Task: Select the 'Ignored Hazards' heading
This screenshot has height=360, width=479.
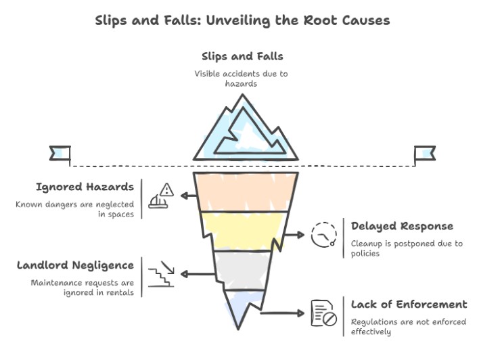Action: tap(85, 187)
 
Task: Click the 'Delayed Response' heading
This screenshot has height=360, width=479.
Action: tap(402, 226)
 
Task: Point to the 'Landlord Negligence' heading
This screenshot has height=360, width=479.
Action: tap(75, 265)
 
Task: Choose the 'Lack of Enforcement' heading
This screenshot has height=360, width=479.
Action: tap(409, 305)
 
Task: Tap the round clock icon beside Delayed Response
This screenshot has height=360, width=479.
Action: tap(323, 234)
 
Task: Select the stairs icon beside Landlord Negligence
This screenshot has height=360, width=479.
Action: tap(162, 273)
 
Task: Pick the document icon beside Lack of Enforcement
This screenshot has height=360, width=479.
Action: tap(323, 313)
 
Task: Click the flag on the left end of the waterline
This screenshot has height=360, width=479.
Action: tap(60, 153)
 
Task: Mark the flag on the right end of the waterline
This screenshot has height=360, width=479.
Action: tap(424, 153)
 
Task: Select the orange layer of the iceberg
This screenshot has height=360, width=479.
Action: tap(242, 192)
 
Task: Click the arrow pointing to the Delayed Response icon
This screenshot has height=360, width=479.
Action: tap(293, 234)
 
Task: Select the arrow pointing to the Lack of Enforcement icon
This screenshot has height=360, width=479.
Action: tap(283, 313)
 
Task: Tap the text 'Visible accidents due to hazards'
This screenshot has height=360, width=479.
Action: tap(242, 78)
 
